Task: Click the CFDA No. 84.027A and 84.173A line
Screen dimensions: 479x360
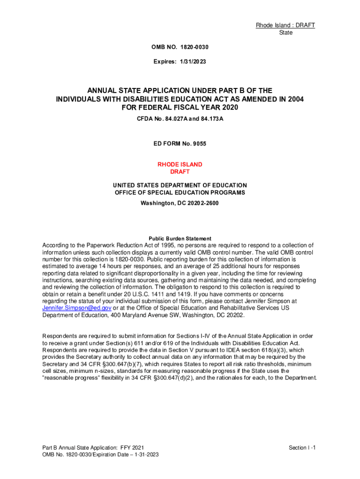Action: (x=180, y=119)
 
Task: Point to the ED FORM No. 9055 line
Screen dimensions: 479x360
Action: (x=180, y=144)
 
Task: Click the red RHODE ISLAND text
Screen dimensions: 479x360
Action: (x=180, y=165)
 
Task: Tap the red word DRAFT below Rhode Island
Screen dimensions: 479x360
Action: (x=180, y=172)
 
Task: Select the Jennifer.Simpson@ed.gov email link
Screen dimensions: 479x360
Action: (x=77, y=308)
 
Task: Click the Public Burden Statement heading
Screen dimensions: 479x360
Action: (x=180, y=239)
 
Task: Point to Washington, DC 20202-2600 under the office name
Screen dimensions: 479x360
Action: (x=180, y=203)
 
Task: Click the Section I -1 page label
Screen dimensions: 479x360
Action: (x=302, y=448)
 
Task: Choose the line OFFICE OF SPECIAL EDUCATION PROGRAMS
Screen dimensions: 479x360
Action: (x=180, y=193)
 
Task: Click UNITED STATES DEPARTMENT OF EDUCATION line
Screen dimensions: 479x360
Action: (x=180, y=185)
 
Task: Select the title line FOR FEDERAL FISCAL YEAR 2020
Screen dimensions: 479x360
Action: (x=180, y=108)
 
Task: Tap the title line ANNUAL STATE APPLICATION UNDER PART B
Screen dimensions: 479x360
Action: (x=180, y=90)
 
